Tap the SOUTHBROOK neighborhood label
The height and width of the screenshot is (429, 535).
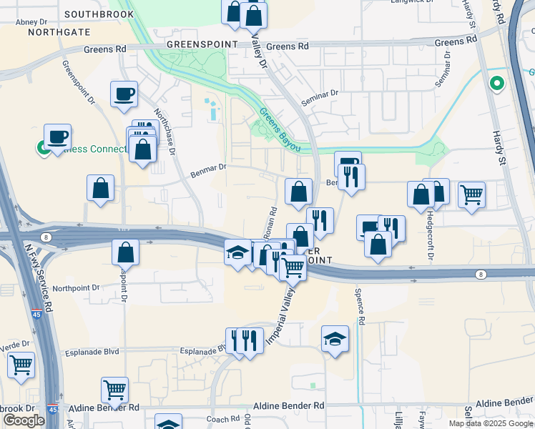click(99, 14)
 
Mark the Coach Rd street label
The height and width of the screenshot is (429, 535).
click(223, 419)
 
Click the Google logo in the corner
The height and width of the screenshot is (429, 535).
click(24, 420)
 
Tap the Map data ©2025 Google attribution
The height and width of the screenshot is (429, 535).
click(490, 423)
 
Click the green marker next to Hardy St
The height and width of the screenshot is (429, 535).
click(496, 84)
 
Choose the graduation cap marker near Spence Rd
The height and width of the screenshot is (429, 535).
click(334, 338)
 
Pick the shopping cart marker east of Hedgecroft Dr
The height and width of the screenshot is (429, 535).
click(471, 194)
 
